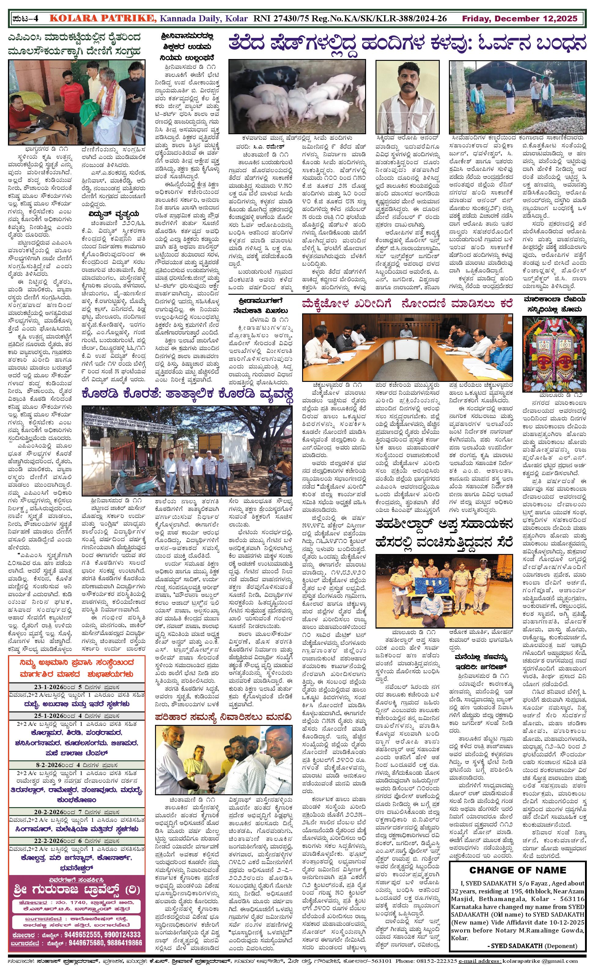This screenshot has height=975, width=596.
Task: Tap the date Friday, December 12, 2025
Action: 520,19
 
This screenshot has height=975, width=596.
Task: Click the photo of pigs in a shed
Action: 297,97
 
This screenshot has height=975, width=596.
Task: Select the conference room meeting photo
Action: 407,347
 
